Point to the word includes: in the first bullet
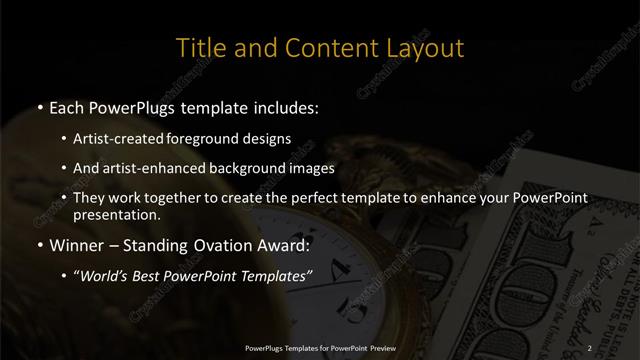(x=286, y=107)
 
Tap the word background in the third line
(x=251, y=168)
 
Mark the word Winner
(x=78, y=245)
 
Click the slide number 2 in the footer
(x=590, y=347)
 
